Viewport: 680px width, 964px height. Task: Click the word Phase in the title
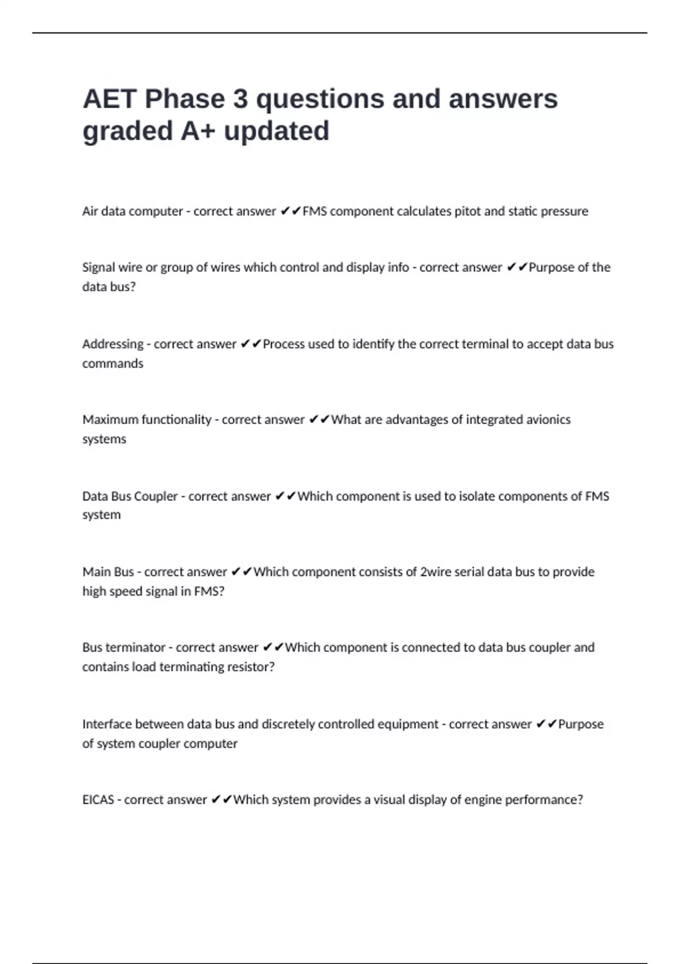[x=185, y=99]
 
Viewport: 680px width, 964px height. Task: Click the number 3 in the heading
[x=240, y=99]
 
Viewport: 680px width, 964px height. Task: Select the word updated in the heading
[x=277, y=132]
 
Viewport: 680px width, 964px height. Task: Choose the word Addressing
[x=112, y=344]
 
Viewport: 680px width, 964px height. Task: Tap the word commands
[x=112, y=363]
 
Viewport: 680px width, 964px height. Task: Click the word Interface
[x=107, y=724]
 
